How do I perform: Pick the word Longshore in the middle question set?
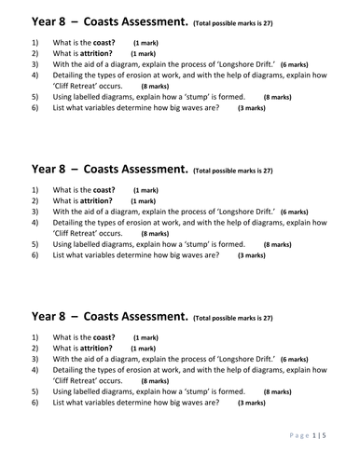click(227, 212)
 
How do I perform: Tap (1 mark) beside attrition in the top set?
click(143, 55)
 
